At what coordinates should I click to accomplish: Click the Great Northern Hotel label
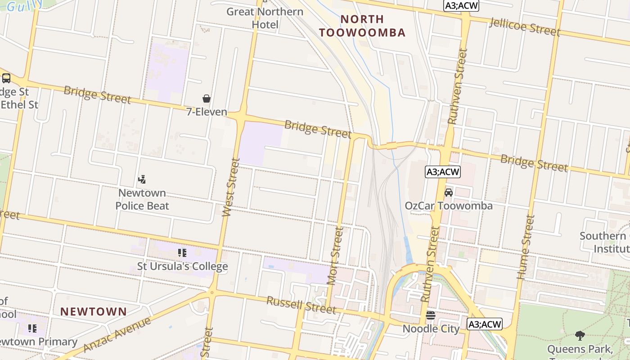(265, 18)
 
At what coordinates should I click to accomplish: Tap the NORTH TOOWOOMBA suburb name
(362, 26)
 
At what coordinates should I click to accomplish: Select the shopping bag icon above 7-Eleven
(207, 99)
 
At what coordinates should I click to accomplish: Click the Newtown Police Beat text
(142, 199)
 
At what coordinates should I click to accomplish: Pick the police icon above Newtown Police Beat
(142, 180)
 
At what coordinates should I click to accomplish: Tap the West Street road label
(231, 187)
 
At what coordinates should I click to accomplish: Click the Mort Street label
(335, 256)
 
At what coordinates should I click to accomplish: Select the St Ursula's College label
(182, 266)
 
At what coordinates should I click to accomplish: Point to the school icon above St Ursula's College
(182, 253)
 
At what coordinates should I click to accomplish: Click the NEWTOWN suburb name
(94, 311)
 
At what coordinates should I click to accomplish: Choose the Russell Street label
(301, 305)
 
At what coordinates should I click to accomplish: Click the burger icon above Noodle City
(431, 315)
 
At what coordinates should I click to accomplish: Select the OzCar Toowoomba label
(449, 206)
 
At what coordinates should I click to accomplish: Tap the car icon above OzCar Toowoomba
(449, 193)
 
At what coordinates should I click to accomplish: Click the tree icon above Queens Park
(580, 335)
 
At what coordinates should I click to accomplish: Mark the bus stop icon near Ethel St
(6, 78)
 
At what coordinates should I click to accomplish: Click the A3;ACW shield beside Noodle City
(484, 324)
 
